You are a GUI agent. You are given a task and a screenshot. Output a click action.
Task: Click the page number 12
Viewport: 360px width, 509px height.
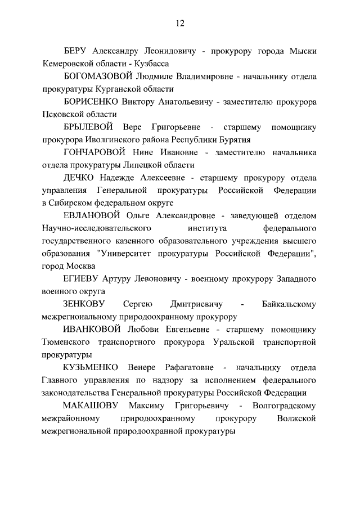coord(179,23)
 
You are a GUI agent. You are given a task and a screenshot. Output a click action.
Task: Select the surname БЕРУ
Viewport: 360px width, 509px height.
coord(77,51)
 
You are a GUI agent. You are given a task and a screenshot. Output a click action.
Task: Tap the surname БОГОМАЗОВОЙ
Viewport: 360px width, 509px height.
coord(96,76)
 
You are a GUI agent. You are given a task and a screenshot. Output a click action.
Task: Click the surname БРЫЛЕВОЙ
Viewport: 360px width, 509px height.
coord(88,127)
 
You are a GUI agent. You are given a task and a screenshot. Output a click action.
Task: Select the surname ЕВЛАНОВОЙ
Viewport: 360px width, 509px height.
coord(93,216)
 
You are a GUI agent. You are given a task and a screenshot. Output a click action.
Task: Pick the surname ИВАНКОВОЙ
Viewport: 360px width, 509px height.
coord(93,330)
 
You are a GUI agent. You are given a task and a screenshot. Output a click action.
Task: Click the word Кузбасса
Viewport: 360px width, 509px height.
coord(149,64)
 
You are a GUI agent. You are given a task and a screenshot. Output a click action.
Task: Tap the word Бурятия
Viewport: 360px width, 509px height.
coord(235,140)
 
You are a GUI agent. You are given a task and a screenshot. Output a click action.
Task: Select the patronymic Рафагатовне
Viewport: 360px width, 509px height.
coord(186,368)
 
